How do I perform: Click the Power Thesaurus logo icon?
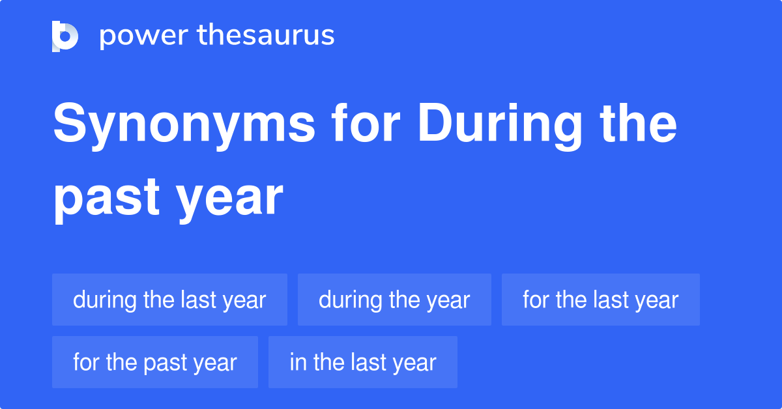tap(65, 36)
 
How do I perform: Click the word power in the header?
tap(144, 36)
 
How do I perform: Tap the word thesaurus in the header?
tap(266, 35)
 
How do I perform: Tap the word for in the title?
tap(366, 123)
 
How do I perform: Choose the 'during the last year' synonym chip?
tap(169, 300)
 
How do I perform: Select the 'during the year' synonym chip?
tap(394, 300)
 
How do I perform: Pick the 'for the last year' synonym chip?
tap(601, 300)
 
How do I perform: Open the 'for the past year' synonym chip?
tap(155, 362)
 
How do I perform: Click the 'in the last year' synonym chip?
tap(363, 362)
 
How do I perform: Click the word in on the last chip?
tap(298, 361)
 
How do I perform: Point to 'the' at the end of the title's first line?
tap(639, 123)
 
